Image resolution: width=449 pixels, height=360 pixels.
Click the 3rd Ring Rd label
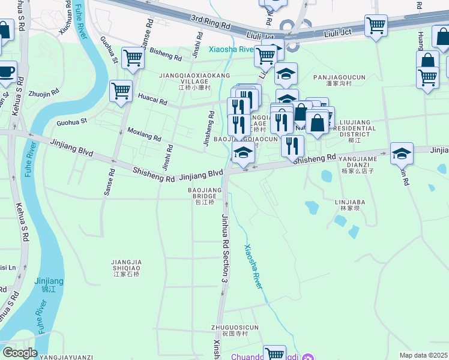pyautogui.click(x=211, y=23)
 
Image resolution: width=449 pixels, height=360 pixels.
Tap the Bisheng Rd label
pyautogui.click(x=166, y=55)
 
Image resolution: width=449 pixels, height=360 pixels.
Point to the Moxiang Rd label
pyautogui.click(x=143, y=134)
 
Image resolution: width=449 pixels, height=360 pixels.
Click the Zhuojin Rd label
pyautogui.click(x=43, y=94)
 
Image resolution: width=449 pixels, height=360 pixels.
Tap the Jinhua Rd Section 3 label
pyautogui.click(x=226, y=247)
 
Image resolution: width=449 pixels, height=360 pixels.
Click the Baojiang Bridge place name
pyautogui.click(x=205, y=196)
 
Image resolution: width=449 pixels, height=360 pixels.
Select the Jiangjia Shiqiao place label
pyautogui.click(x=126, y=268)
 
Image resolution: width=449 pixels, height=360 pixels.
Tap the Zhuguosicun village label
pyautogui.click(x=235, y=331)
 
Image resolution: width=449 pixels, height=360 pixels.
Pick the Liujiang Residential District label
pyautogui.click(x=358, y=131)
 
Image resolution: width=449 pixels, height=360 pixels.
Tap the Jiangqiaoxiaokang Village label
pyautogui.click(x=186, y=81)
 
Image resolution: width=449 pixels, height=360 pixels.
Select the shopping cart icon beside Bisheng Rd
pyautogui.click(x=133, y=58)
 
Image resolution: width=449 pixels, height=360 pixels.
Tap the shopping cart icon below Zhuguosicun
pyautogui.click(x=274, y=353)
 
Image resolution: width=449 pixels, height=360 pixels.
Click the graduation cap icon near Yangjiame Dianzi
pyautogui.click(x=401, y=154)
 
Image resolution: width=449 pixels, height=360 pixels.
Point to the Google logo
pyautogui.click(x=20, y=353)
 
